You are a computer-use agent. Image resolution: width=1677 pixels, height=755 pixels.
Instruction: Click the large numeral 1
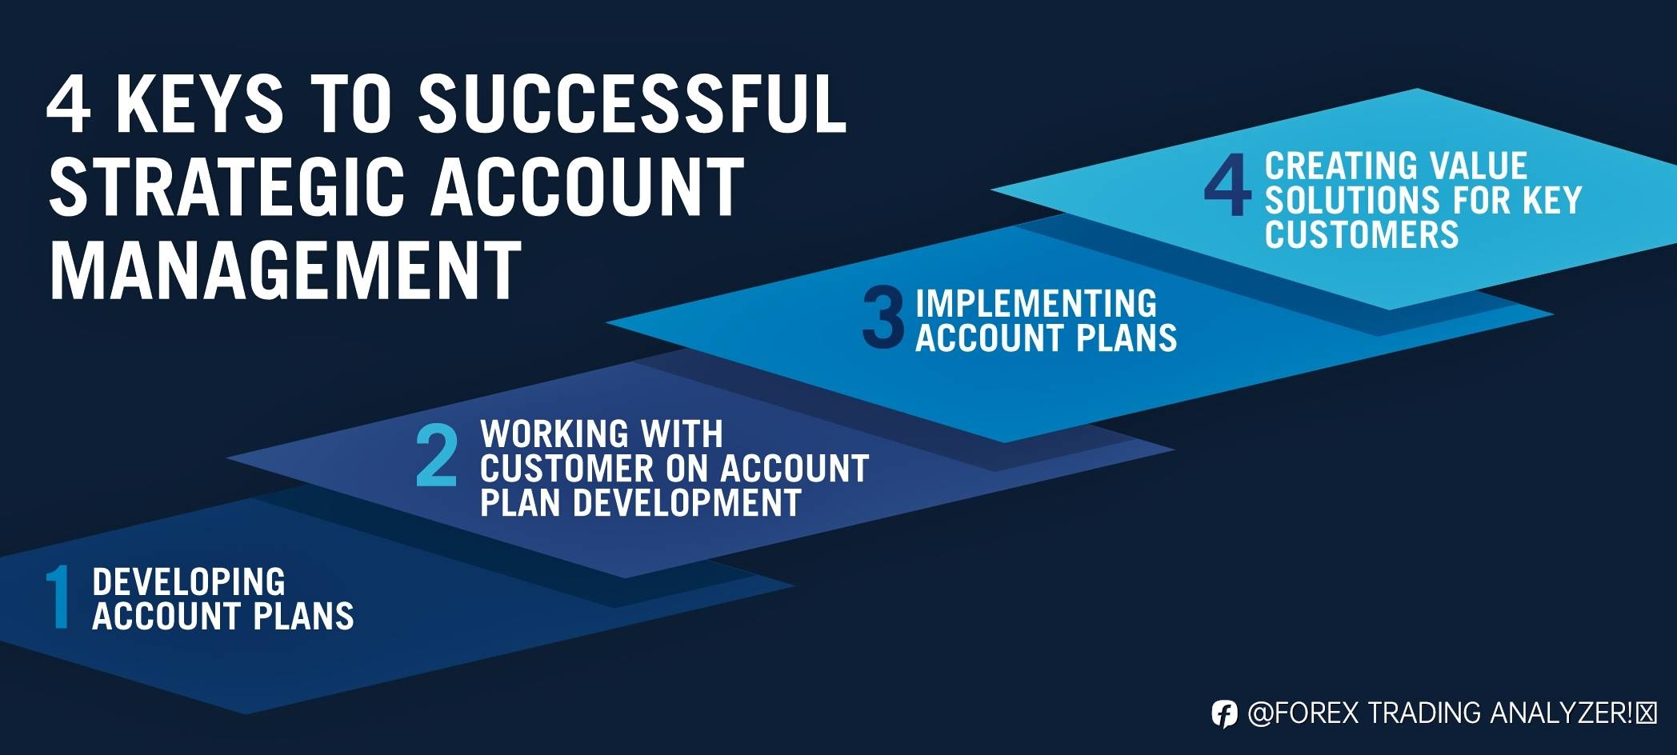tap(58, 597)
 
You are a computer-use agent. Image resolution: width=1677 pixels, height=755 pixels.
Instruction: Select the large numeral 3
tap(883, 318)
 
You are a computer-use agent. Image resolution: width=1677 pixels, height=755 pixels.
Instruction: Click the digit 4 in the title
tap(69, 103)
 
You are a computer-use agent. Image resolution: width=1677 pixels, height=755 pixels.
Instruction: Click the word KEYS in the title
tap(200, 103)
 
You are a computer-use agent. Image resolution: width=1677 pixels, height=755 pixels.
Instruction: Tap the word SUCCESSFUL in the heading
tap(632, 103)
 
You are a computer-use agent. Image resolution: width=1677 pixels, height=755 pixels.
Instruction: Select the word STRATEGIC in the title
tap(228, 187)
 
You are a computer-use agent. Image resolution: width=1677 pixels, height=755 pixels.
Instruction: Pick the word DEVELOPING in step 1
tap(189, 581)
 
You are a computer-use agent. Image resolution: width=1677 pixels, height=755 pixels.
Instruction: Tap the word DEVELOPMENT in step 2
tap(687, 503)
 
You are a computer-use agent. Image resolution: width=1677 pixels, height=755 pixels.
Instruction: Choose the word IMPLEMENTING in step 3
tap(1036, 303)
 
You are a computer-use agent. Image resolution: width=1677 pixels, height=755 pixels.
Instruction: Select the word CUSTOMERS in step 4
tap(1362, 234)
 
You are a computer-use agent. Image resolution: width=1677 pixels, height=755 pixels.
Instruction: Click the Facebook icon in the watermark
tap(1223, 713)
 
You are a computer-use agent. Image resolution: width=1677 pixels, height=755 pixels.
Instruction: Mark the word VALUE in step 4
tap(1479, 166)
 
